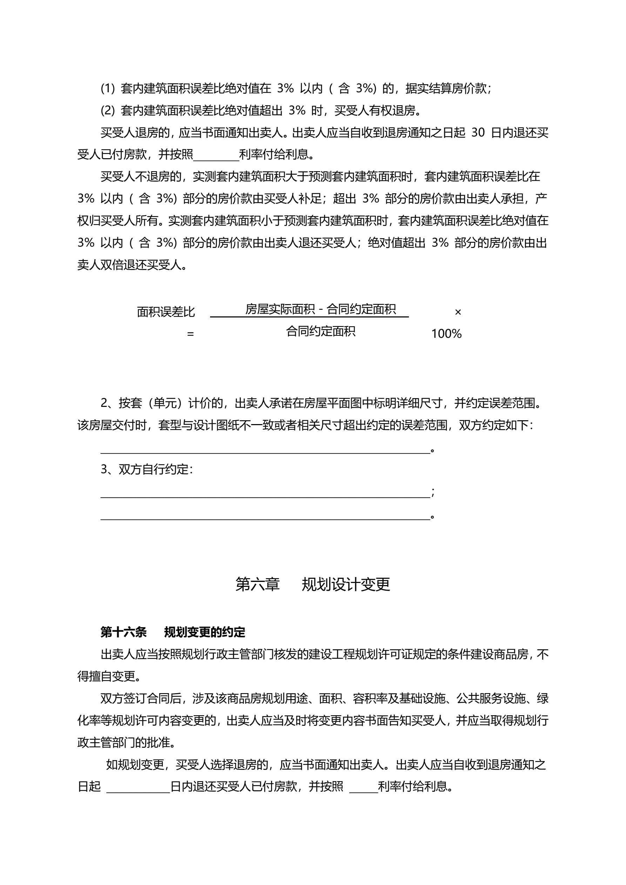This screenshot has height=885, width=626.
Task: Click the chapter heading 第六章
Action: coord(257,584)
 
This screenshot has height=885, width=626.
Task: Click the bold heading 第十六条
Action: coord(123,632)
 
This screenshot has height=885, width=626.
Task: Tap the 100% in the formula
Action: coord(446,334)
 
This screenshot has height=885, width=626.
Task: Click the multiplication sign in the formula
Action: coord(458,312)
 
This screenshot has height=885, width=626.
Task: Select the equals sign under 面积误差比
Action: coord(190,334)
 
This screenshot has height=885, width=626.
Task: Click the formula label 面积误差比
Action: coord(166,312)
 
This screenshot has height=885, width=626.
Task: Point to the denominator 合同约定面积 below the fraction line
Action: coord(320,331)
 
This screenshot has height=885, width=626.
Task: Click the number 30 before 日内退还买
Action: coord(478,133)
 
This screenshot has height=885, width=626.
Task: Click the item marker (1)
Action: coord(108,89)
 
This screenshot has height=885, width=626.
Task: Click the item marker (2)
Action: coord(108,110)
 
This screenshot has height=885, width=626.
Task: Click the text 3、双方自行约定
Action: coord(147,469)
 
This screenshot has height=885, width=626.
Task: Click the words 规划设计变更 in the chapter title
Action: coord(346,584)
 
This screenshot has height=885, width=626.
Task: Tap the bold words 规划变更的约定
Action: coord(205,632)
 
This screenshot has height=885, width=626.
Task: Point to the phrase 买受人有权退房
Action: coord(375,110)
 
